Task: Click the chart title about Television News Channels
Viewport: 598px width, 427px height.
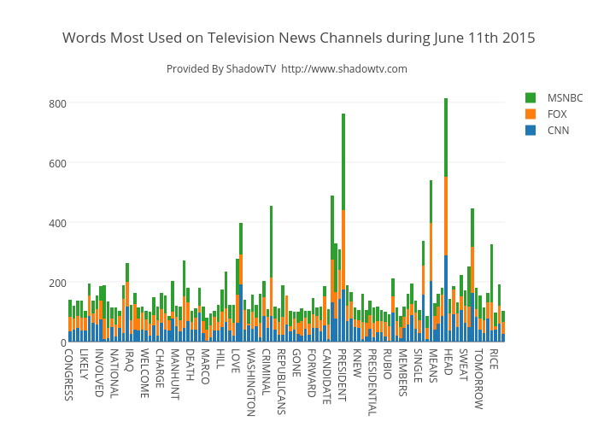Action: (299, 38)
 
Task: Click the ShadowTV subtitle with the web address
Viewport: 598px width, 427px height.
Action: (287, 69)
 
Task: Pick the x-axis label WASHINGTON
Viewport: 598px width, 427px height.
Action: (249, 381)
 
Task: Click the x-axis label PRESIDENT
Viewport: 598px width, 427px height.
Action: (342, 375)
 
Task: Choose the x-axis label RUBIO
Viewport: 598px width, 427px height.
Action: (387, 363)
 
